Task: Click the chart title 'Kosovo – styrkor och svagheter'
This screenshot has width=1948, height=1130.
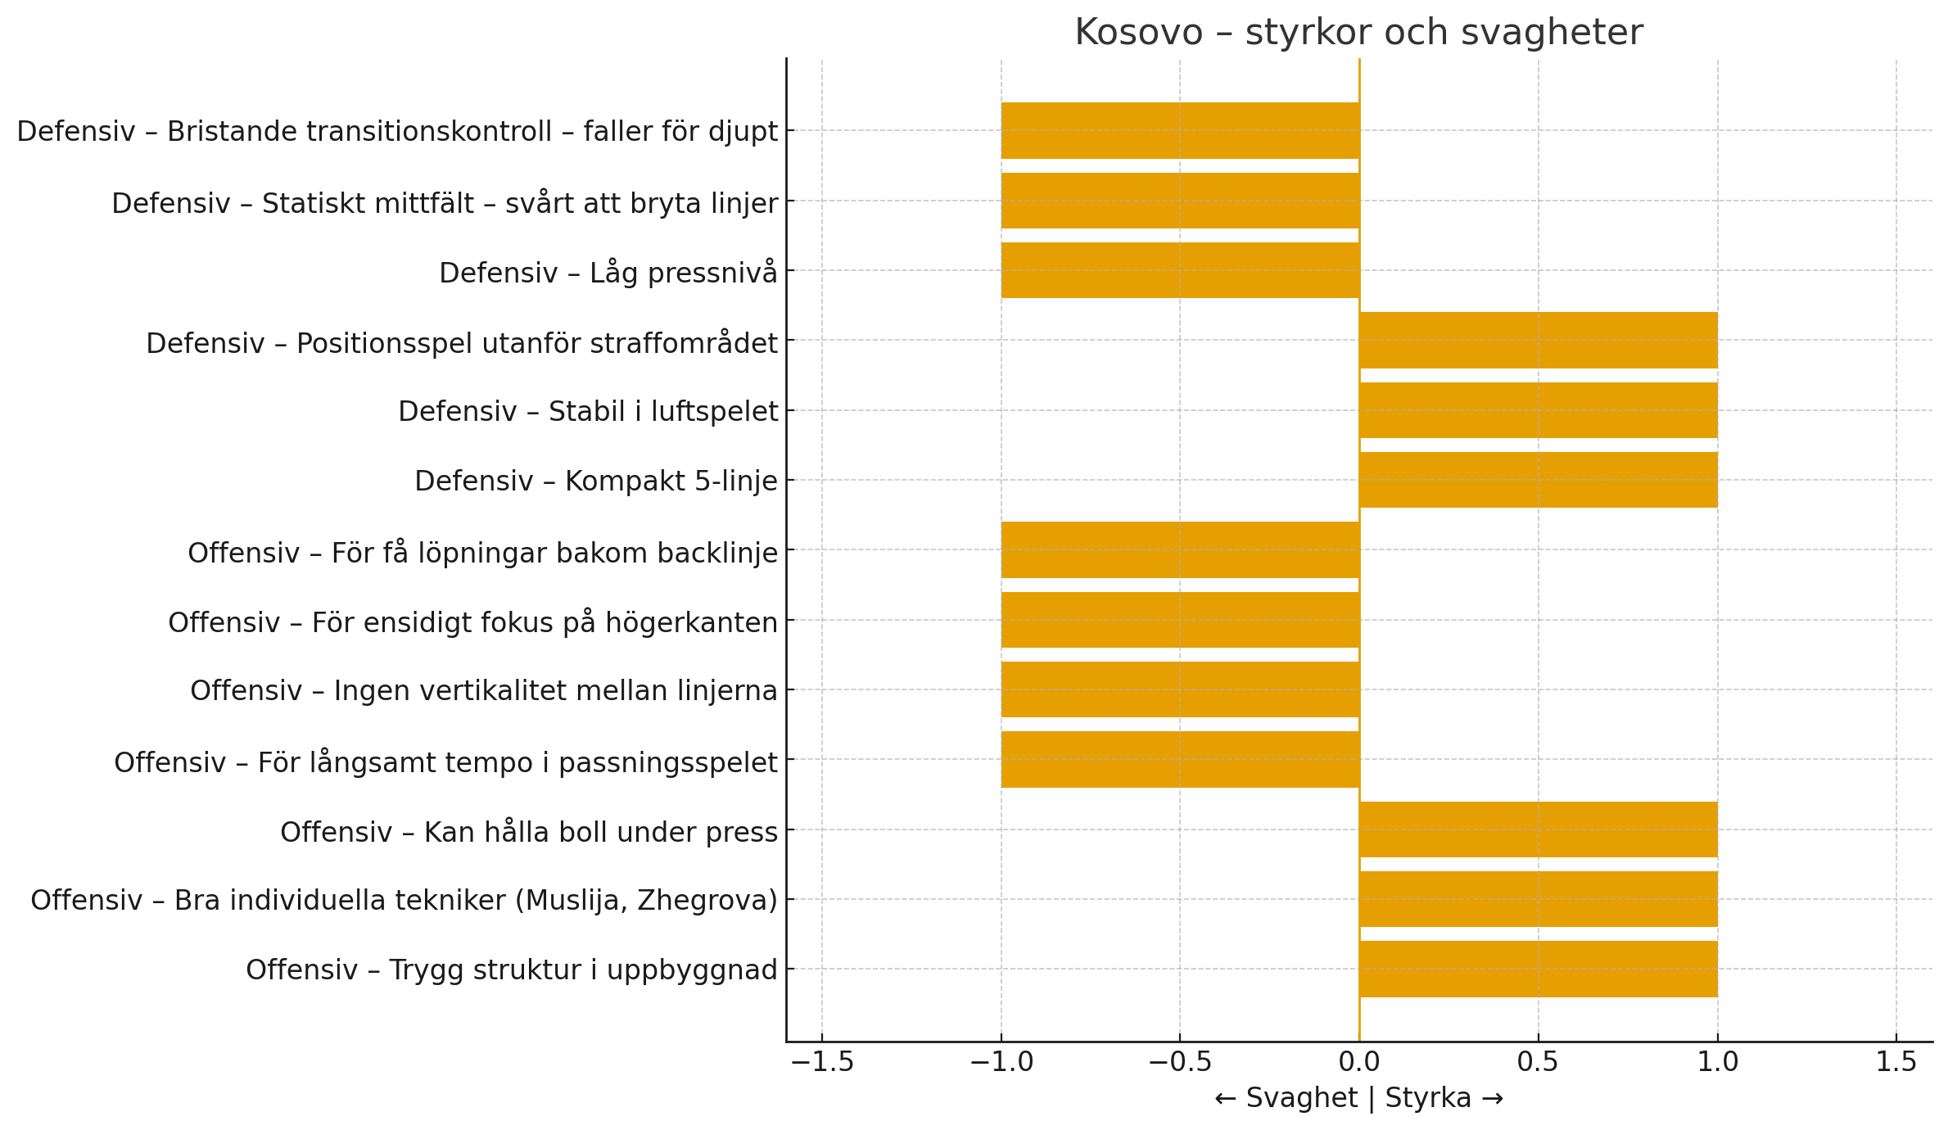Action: (1358, 33)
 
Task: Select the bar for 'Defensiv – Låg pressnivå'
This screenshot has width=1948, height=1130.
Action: (1180, 270)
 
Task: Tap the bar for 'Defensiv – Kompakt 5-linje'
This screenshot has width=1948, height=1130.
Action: (1538, 480)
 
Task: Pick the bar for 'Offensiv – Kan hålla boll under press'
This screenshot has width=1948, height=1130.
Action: (1538, 829)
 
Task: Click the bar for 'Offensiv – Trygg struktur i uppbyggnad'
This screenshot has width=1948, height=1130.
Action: (1538, 969)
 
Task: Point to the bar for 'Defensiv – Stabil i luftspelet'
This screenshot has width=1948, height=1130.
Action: (1538, 410)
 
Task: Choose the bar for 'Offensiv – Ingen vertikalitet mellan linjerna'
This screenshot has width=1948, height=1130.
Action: (1180, 689)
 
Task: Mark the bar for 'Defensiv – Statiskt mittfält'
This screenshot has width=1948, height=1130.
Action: (1180, 201)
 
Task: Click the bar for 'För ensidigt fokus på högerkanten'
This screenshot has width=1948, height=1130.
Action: (1180, 620)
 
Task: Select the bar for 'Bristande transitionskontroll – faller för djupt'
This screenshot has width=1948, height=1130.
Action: (1180, 130)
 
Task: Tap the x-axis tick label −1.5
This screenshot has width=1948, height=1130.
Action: (821, 1063)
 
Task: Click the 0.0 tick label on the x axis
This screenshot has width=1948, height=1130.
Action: (1359, 1063)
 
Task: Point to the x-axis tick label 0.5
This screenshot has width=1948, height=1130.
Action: (1538, 1063)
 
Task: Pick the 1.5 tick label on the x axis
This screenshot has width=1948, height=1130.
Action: (1896, 1063)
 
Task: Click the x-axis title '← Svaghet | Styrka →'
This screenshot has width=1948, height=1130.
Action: (1358, 1099)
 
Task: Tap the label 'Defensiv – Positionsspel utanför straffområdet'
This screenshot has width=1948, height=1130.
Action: (461, 343)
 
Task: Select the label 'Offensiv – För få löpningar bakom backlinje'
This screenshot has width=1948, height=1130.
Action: (482, 553)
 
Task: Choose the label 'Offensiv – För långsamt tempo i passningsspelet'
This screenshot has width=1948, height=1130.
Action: (445, 762)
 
